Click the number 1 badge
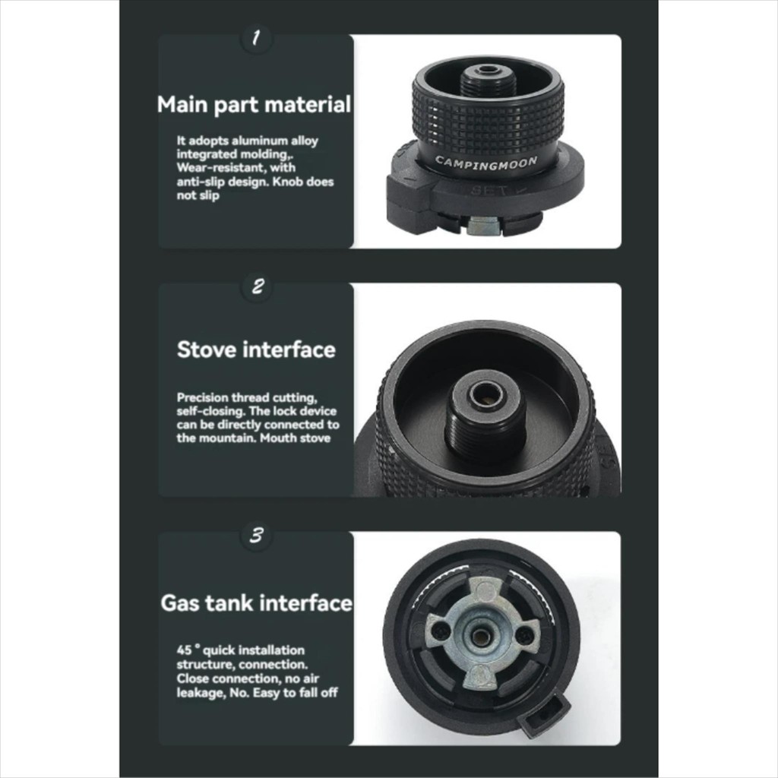pyautogui.click(x=256, y=38)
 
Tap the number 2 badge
pyautogui.click(x=258, y=286)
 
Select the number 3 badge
pyautogui.click(x=257, y=536)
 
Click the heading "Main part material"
pyautogui.click(x=254, y=105)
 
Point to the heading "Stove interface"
pyautogui.click(x=256, y=349)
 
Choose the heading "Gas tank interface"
pyautogui.click(x=257, y=602)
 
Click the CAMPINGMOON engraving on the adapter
pyautogui.click(x=486, y=163)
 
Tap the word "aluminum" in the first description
pyautogui.click(x=260, y=141)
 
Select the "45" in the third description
pyautogui.click(x=184, y=650)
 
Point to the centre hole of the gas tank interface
pyautogui.click(x=479, y=637)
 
